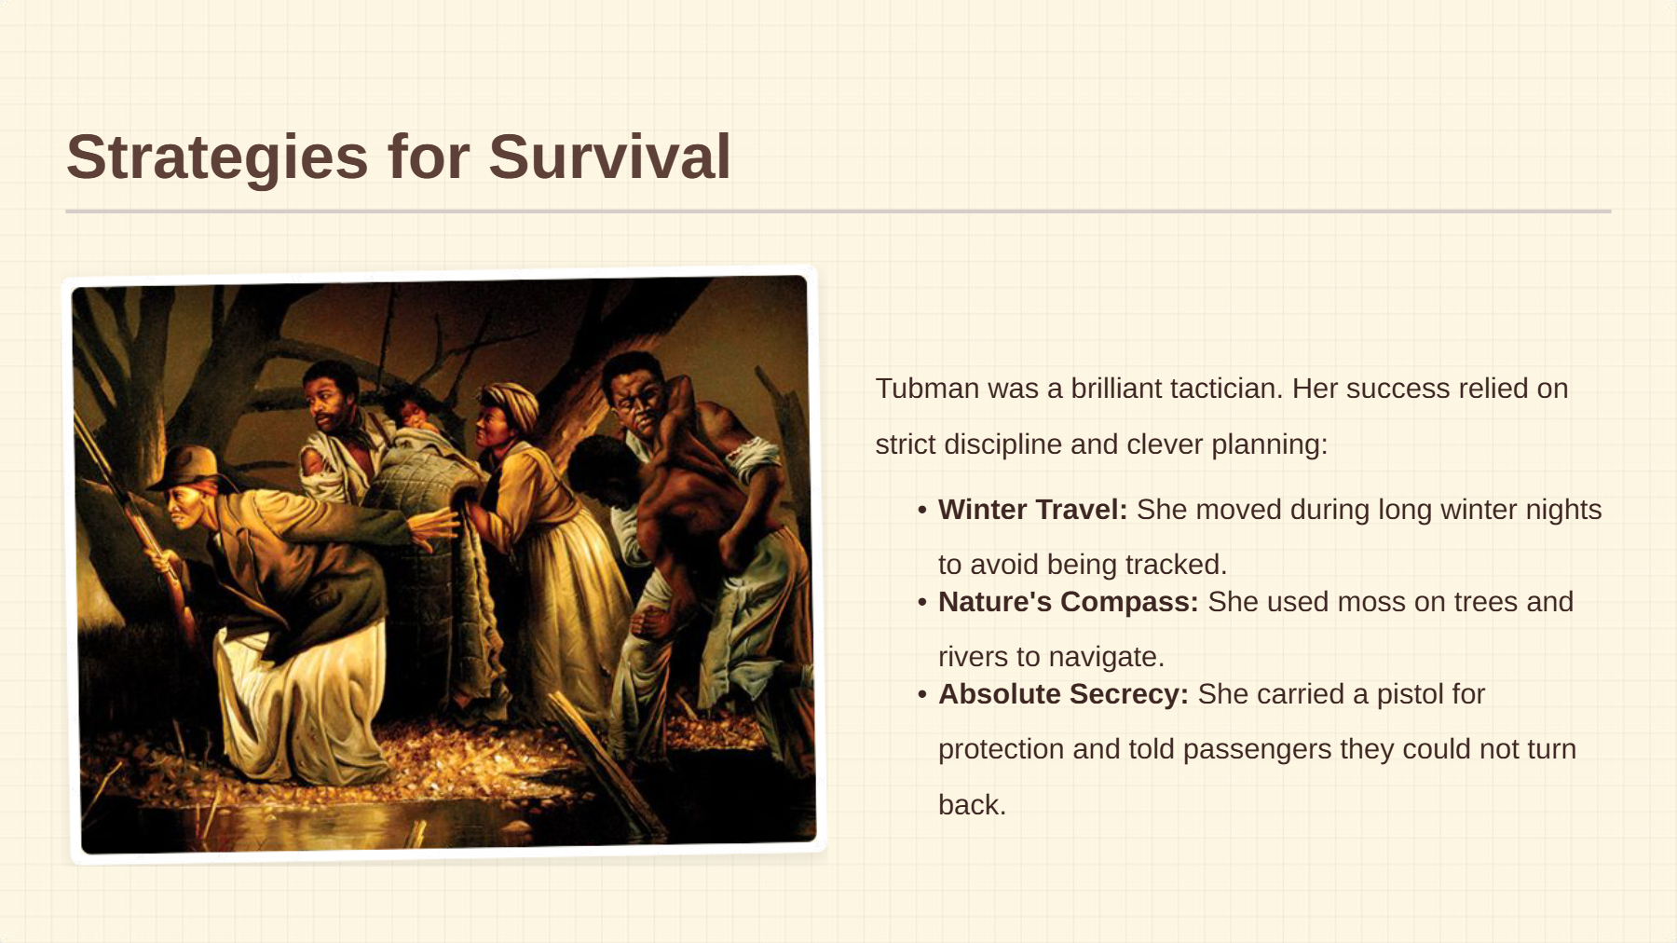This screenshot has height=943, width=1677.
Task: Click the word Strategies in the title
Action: point(217,157)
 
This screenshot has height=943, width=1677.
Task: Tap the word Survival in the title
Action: point(609,156)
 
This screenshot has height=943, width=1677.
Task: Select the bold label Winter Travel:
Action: point(1032,509)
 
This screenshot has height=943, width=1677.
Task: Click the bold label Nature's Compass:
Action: point(1068,601)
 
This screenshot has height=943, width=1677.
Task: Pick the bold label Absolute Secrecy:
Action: point(1063,693)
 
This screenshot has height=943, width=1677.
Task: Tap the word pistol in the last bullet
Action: point(1409,694)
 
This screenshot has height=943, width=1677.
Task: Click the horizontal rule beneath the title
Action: point(838,212)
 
